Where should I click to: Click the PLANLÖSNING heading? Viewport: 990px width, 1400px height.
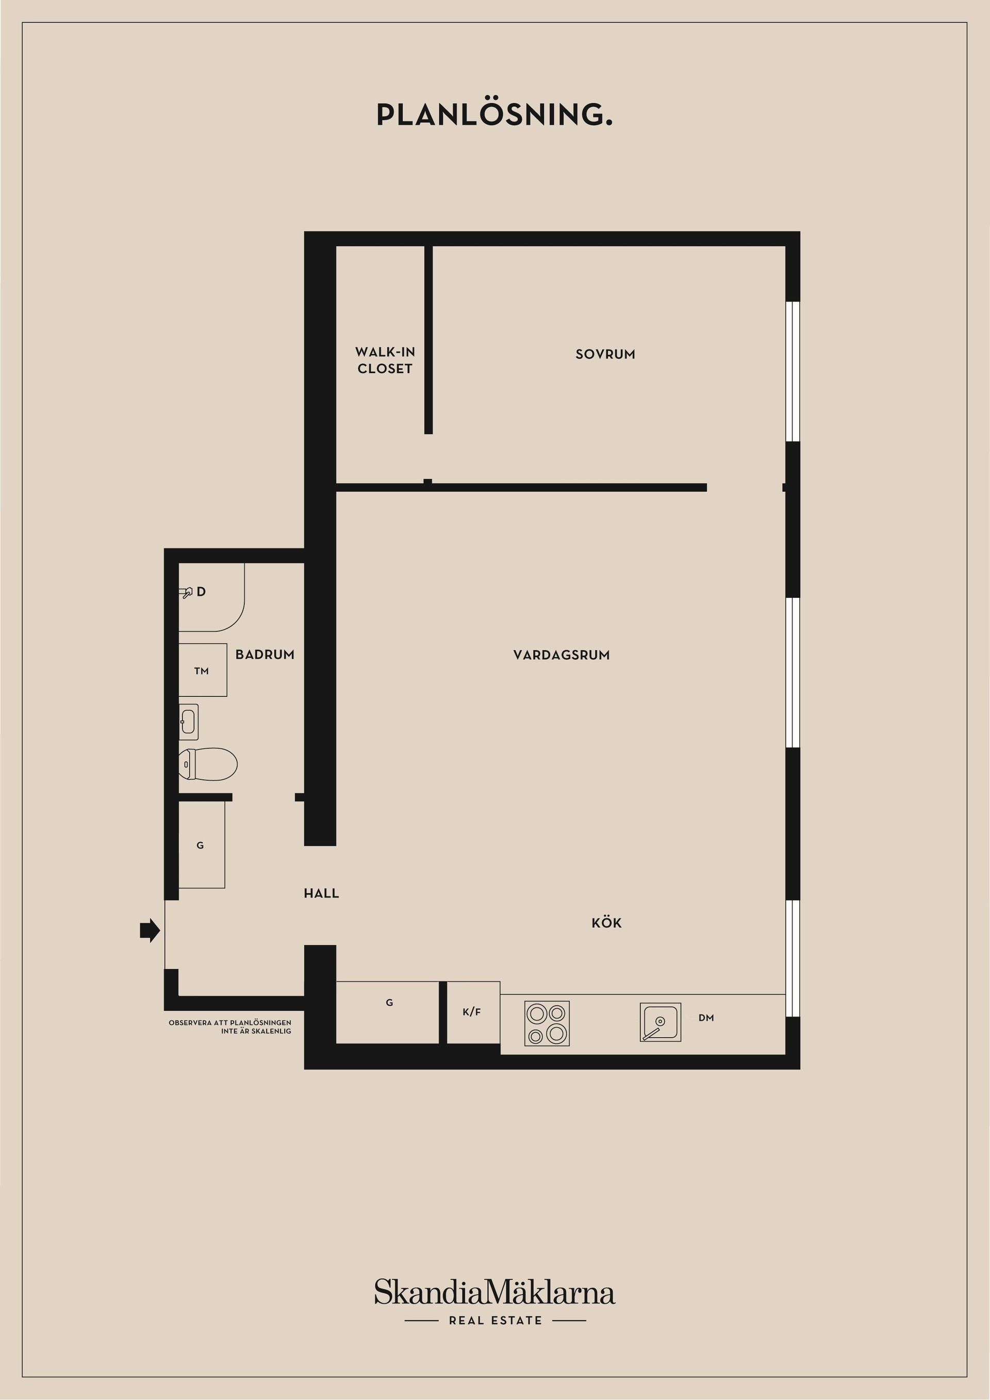(494, 114)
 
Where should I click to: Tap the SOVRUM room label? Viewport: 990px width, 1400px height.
(605, 354)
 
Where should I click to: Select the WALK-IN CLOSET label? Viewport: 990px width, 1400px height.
(385, 360)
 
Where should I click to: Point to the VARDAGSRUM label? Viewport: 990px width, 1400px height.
(561, 655)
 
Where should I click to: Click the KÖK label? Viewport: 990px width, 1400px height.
(606, 923)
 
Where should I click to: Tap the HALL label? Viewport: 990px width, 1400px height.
(321, 893)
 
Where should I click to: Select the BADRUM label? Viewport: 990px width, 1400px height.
(265, 654)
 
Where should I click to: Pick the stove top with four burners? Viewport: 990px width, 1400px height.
(547, 1023)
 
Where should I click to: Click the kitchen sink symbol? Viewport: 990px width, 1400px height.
(660, 1023)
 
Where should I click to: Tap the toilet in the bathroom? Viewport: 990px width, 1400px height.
(207, 763)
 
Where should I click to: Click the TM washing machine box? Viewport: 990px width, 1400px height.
(202, 670)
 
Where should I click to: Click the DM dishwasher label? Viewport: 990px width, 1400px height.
(706, 1018)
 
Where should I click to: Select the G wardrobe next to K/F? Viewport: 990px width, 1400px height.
(389, 1003)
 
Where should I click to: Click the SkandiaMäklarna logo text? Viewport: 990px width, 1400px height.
(494, 1293)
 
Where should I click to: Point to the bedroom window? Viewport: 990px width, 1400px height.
(792, 371)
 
